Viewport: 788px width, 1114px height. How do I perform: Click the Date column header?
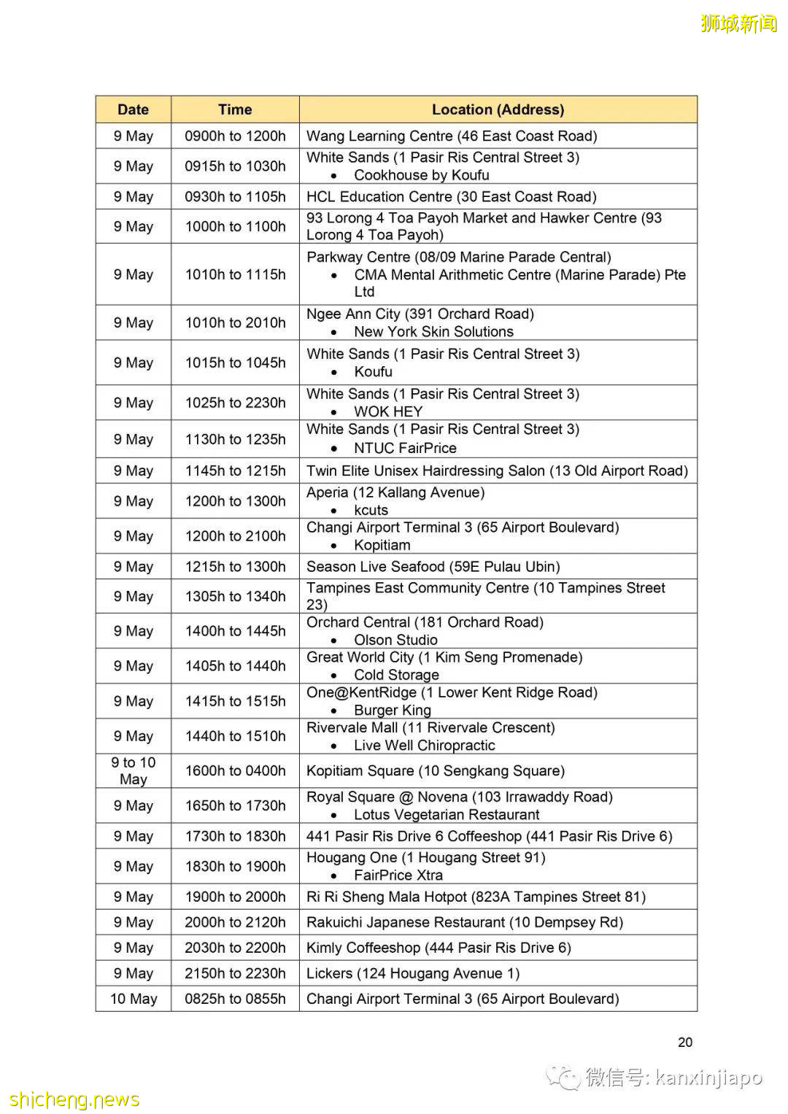[x=133, y=109]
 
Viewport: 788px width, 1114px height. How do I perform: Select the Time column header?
[x=235, y=109]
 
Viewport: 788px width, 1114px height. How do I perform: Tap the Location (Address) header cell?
[x=498, y=109]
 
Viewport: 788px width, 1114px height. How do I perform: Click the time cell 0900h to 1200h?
[x=235, y=136]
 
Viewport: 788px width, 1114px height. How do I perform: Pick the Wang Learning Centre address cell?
[x=452, y=136]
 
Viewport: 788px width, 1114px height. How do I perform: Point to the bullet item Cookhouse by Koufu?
[x=421, y=175]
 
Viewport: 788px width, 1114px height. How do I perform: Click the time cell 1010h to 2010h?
[x=235, y=322]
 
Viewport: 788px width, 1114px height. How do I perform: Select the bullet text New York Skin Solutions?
[x=433, y=332]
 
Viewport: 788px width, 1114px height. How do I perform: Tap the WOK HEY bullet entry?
[x=388, y=411]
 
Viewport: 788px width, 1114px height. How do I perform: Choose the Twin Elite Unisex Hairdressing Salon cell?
[x=497, y=471]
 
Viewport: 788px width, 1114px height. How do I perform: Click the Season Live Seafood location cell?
[x=433, y=566]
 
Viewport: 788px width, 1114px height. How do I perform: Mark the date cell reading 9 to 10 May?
[x=133, y=770]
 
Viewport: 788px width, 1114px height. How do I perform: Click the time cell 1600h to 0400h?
[x=235, y=770]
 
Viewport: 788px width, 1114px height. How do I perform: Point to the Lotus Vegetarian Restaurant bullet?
[x=447, y=815]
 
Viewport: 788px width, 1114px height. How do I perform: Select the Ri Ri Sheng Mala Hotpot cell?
[x=476, y=897]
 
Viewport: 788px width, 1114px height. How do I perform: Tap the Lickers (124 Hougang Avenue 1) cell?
[x=413, y=973]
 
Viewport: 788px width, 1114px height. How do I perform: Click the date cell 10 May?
[x=133, y=999]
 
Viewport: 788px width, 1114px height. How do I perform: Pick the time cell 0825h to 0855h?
[x=235, y=999]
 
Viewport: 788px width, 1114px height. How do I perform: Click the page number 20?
[x=684, y=1043]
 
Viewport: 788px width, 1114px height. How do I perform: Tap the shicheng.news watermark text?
[x=74, y=1099]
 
